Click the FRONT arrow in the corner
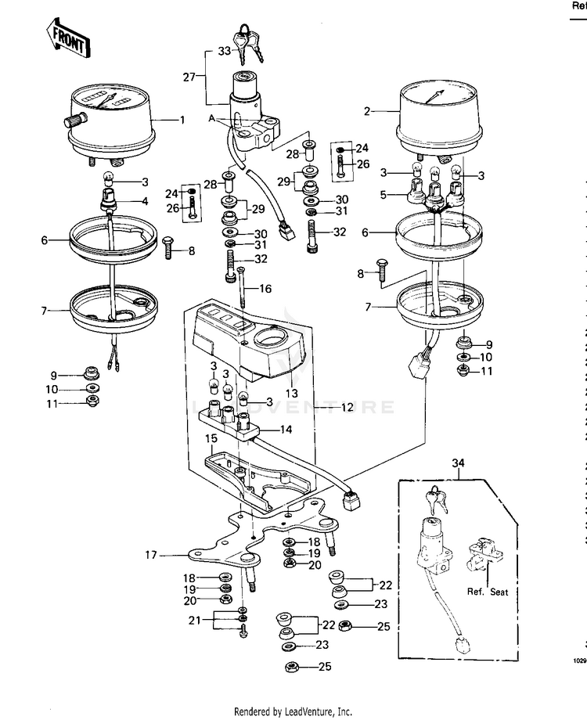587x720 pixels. pyautogui.click(x=67, y=36)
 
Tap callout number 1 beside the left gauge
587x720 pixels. pyautogui.click(x=182, y=120)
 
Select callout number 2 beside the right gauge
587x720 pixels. pyautogui.click(x=366, y=111)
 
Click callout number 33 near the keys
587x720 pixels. pyautogui.click(x=223, y=51)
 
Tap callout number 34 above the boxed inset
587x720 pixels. pyautogui.click(x=458, y=463)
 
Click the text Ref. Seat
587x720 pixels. pyautogui.click(x=488, y=592)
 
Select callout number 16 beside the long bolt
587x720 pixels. pyautogui.click(x=266, y=289)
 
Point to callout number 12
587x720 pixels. pyautogui.click(x=348, y=408)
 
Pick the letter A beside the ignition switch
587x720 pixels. pyautogui.click(x=211, y=117)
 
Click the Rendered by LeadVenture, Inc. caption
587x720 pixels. pyautogui.click(x=293, y=711)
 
